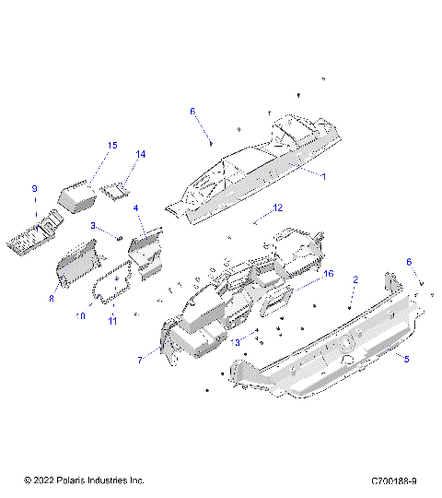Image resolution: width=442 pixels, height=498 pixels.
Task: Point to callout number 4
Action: tap(135, 209)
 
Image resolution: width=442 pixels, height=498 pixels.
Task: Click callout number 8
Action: tap(52, 298)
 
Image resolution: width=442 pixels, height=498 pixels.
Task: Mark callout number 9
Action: tap(34, 189)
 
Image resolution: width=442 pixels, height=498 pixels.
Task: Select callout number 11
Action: tap(113, 320)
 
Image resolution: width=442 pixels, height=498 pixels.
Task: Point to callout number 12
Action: tap(277, 207)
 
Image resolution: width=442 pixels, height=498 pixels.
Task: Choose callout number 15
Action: tap(112, 146)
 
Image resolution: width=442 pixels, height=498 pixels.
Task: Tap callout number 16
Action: tap(327, 274)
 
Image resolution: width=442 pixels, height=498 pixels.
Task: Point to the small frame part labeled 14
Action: tap(116, 191)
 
